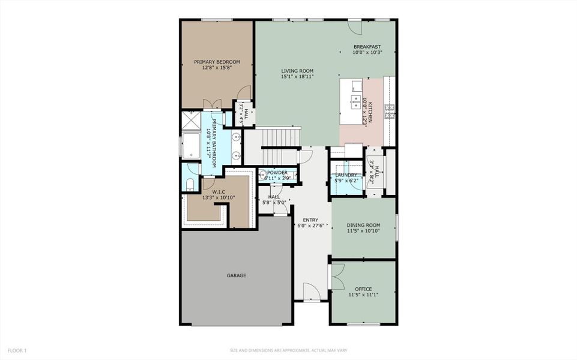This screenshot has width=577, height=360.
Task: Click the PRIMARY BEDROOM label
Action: click(x=217, y=62)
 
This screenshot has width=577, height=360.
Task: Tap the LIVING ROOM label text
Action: click(x=297, y=71)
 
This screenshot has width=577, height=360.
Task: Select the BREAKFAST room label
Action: click(x=367, y=47)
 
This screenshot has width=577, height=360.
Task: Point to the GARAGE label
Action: click(x=236, y=275)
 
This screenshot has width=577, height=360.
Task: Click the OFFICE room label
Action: click(x=363, y=289)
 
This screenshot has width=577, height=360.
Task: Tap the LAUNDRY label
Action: click(x=346, y=175)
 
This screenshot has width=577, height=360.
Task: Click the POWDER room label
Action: click(x=278, y=173)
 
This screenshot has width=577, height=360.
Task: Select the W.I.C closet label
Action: click(x=218, y=192)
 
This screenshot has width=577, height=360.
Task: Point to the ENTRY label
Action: click(x=310, y=220)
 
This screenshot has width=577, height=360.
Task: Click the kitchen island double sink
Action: click(x=355, y=100)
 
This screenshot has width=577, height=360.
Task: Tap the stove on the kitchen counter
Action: click(x=390, y=109)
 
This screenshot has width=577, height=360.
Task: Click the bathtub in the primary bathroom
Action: click(x=192, y=146)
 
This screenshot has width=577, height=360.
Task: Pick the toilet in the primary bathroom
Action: click(x=190, y=184)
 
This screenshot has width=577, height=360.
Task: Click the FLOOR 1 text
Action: click(x=17, y=350)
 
